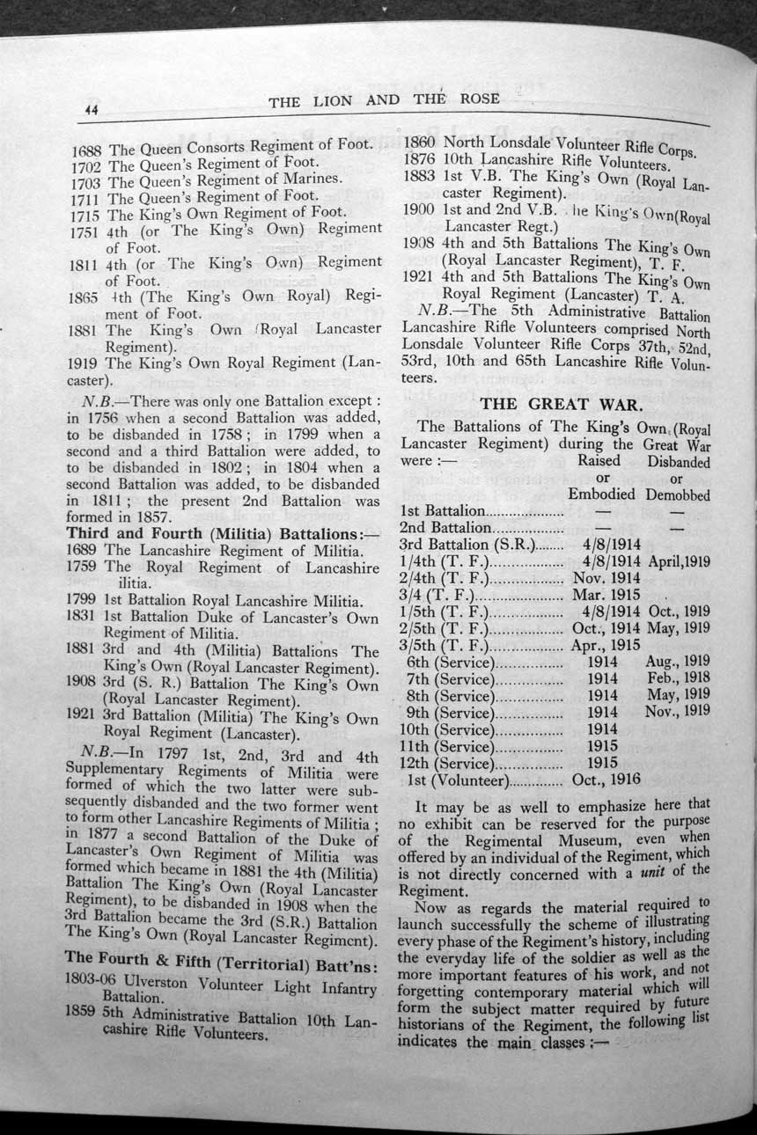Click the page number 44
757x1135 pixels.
(91, 109)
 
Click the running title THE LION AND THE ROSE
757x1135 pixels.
(384, 100)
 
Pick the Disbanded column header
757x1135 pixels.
(678, 462)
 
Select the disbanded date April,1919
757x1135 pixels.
(679, 560)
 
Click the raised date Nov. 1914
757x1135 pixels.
(606, 577)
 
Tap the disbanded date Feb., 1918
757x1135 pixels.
(678, 678)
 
